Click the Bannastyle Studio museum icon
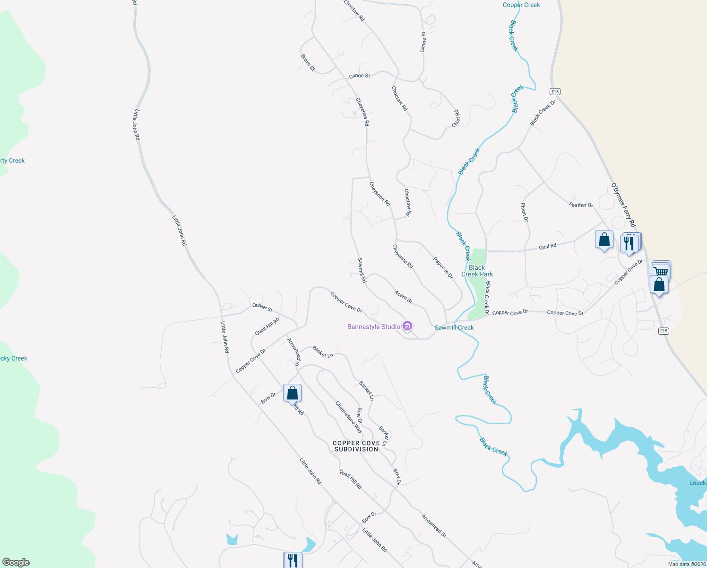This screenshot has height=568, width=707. coord(407,326)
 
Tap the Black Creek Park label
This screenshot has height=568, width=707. coord(477,271)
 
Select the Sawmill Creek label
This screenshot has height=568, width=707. coord(454,328)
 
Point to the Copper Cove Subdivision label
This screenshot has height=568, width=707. coord(356,446)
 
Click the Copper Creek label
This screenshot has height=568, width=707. coord(521,5)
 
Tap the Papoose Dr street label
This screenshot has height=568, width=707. coord(443,268)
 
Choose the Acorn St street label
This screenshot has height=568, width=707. coord(403,297)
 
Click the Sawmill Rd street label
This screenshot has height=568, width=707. coord(362,270)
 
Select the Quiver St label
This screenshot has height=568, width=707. coord(262,307)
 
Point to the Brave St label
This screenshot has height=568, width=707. coord(308,62)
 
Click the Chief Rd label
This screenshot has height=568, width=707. coord(456,118)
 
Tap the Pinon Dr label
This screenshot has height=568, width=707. coord(524,213)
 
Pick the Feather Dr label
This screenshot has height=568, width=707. coord(581,205)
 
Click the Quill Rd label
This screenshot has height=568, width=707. coord(548,246)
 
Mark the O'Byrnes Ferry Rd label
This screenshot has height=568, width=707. coord(623,205)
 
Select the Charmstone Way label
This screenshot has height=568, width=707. coord(349,417)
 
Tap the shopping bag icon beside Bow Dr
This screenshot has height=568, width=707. coord(292,392)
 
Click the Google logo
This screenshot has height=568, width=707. coord(16,562)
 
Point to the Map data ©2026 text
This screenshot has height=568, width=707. coord(687,564)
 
